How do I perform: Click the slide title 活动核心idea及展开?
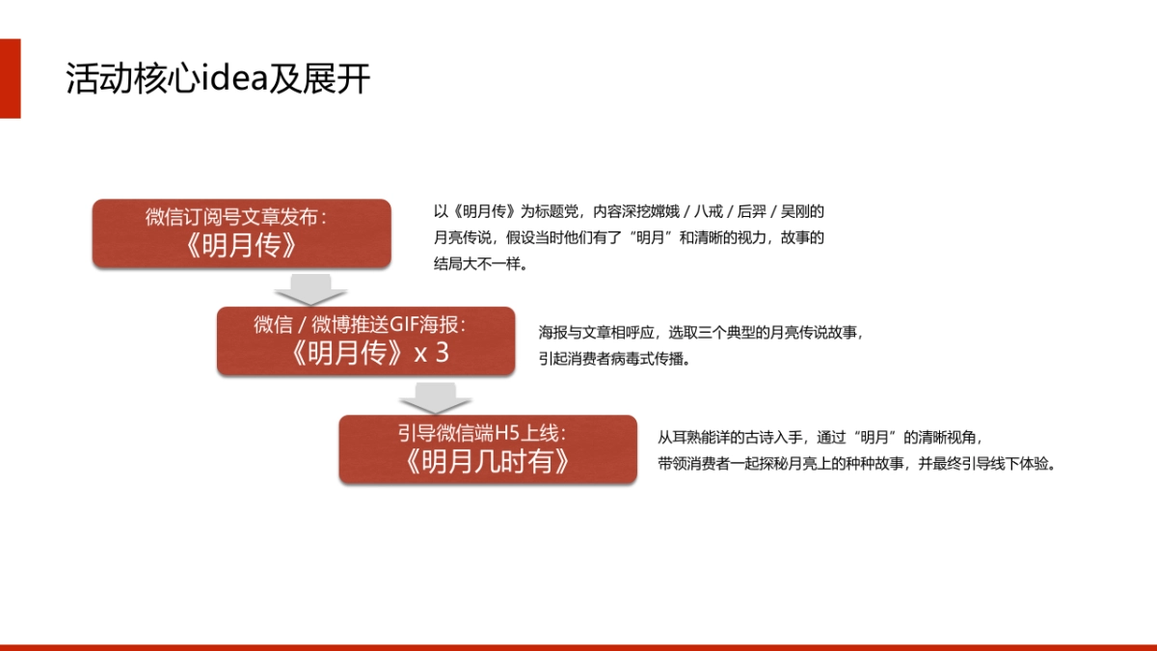click(x=218, y=80)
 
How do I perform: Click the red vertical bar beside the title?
click(x=10, y=79)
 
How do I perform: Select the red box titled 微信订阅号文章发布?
click(x=241, y=233)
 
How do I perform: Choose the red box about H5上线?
click(x=487, y=448)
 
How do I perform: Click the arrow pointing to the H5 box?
click(x=435, y=397)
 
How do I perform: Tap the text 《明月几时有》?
click(x=487, y=462)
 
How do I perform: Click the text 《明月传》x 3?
click(x=365, y=354)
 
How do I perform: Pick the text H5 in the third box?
click(x=507, y=433)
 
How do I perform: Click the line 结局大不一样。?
click(x=481, y=263)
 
